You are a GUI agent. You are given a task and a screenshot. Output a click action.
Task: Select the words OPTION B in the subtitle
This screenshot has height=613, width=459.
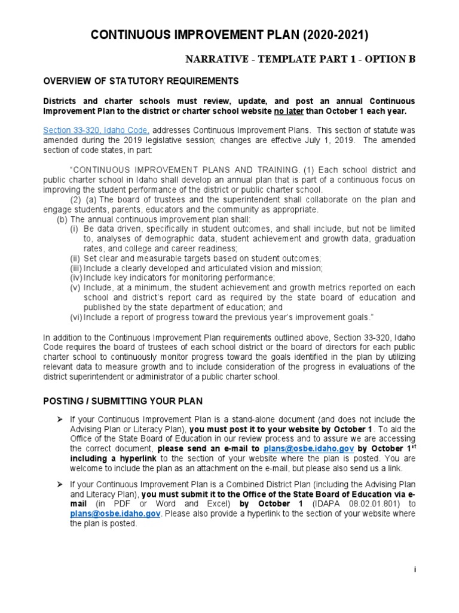click(389, 60)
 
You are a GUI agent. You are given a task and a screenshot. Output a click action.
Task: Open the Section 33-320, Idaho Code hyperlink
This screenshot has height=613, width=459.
click(96, 130)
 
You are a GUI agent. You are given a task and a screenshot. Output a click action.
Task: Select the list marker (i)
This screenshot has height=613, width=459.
click(75, 229)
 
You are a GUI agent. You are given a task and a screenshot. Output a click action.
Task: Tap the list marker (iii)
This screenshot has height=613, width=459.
click(76, 268)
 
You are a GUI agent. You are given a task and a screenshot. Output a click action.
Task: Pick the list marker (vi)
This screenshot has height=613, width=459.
click(76, 317)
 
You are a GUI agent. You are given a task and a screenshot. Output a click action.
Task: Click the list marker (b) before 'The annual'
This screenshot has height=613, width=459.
click(62, 219)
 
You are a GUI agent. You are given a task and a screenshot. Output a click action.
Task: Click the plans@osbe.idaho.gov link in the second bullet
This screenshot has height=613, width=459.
click(106, 513)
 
